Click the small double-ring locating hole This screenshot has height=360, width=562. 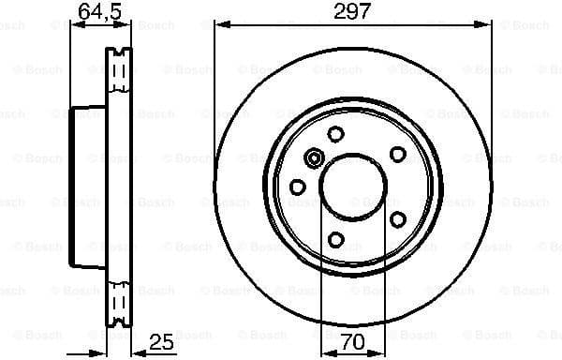[x=314, y=157]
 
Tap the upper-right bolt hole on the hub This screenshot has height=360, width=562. [x=397, y=154]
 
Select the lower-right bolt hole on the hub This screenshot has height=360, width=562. [x=397, y=219]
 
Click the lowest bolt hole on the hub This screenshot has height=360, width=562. [x=335, y=241]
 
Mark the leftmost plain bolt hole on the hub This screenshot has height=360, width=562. [x=298, y=187]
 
